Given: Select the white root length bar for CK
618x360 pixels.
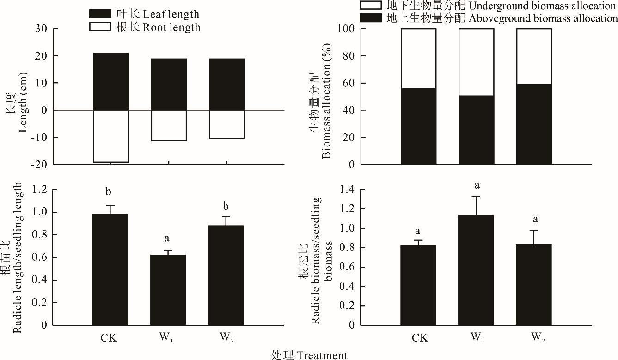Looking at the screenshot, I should (x=111, y=136).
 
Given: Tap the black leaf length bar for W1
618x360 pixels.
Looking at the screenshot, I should (x=169, y=85).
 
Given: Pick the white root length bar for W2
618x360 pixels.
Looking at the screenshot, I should (x=226, y=124).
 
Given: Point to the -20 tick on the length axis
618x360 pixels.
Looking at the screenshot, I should (x=46, y=164).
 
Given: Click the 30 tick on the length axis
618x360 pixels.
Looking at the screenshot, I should (x=46, y=29).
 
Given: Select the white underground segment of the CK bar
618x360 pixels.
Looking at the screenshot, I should (x=418, y=58).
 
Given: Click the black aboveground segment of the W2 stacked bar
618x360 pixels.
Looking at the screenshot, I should (x=534, y=124).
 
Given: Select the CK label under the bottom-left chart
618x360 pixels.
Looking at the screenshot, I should (x=109, y=337).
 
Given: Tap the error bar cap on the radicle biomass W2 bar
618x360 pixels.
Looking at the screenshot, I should (x=534, y=230).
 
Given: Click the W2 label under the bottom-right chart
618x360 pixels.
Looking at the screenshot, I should (x=536, y=338).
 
